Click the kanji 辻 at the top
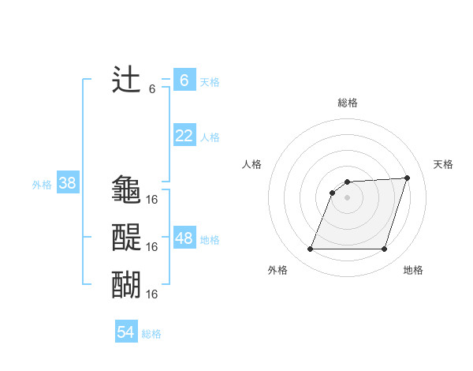tap(127, 80)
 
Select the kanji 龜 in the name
tap(127, 189)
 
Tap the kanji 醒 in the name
tap(127, 236)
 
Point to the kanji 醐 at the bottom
tap(127, 283)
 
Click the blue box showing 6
tap(184, 81)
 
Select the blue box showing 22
tap(184, 136)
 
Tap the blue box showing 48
tap(184, 238)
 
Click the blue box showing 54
tap(126, 332)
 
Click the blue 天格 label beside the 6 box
tap(210, 81)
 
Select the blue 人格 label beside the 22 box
tap(210, 137)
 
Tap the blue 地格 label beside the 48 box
tap(210, 239)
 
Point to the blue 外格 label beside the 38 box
tap(42, 185)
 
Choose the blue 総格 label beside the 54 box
tap(151, 333)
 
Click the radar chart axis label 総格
tap(348, 103)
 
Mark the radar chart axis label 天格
tap(443, 164)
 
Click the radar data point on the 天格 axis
tap(408, 178)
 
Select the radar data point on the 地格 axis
tap(384, 249)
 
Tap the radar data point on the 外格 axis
tap(310, 249)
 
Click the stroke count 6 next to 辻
tap(152, 89)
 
